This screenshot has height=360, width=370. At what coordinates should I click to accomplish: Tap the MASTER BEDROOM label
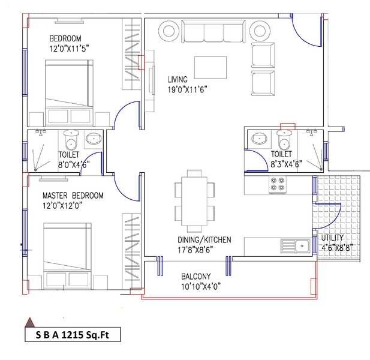click(73, 196)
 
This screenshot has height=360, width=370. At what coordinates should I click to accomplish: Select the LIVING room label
click(178, 79)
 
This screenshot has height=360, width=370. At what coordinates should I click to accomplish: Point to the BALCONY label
click(196, 276)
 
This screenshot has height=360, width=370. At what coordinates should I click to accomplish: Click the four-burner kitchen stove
click(278, 185)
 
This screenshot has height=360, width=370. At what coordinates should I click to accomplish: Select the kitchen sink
click(293, 245)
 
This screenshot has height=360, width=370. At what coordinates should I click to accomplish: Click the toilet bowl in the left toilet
click(71, 142)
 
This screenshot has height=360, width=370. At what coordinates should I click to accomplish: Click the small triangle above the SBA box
click(27, 321)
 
